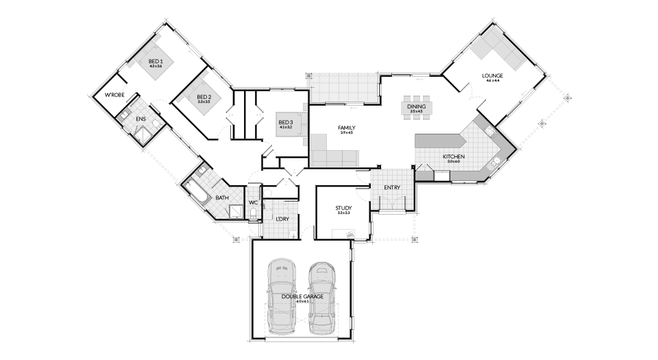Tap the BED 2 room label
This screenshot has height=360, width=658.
pyautogui.click(x=204, y=97)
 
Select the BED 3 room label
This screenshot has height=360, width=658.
pyautogui.click(x=285, y=123)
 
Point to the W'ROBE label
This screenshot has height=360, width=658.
pyautogui.click(x=114, y=95)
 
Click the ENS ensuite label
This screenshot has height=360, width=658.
pyautogui.click(x=141, y=119)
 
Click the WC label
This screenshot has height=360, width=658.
pyautogui.click(x=253, y=203)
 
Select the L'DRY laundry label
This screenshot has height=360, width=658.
pyautogui.click(x=282, y=219)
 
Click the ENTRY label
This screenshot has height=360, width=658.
pyautogui.click(x=392, y=187)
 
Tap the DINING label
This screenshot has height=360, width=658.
pyautogui.click(x=416, y=107)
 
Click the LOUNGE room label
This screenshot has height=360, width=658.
pyautogui.click(x=492, y=76)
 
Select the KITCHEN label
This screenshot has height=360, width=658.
pyautogui.click(x=453, y=157)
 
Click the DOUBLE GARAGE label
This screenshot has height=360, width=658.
pyautogui.click(x=302, y=296)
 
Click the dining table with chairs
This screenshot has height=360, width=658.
pyautogui.click(x=416, y=108)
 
